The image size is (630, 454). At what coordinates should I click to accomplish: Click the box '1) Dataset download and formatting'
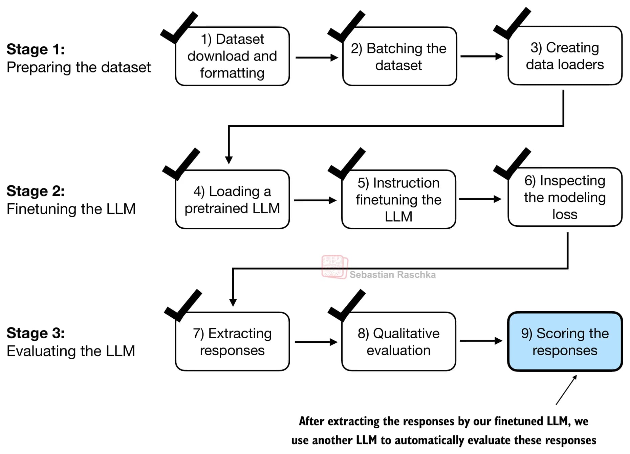pos(232,56)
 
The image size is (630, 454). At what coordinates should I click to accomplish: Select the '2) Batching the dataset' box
pos(399,56)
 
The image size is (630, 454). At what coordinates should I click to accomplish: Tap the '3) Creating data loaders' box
pos(565,56)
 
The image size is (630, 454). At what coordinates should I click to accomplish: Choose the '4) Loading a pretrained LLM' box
pos(232,200)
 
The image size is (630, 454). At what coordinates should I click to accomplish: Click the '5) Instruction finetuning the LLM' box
pos(398,200)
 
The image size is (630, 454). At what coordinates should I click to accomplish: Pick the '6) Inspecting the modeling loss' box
pos(565,197)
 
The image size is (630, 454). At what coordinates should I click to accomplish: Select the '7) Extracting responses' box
pos(232,342)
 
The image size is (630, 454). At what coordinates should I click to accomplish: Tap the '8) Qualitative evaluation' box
pos(398,342)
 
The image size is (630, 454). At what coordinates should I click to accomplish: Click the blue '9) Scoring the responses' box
pos(565,342)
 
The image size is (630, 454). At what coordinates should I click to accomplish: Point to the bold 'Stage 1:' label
pos(36,49)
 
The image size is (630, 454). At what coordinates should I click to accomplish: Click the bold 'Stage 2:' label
pos(36,191)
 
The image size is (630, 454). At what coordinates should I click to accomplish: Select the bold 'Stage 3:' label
pos(36,333)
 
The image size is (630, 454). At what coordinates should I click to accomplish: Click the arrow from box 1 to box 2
pos(317,58)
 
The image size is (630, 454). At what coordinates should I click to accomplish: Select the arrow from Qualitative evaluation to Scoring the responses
pos(481,341)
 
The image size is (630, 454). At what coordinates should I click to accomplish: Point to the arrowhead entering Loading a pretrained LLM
pos(229,160)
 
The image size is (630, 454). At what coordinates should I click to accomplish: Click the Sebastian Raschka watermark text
pos(392,275)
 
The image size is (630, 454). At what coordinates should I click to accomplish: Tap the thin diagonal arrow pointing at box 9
pos(566,390)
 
